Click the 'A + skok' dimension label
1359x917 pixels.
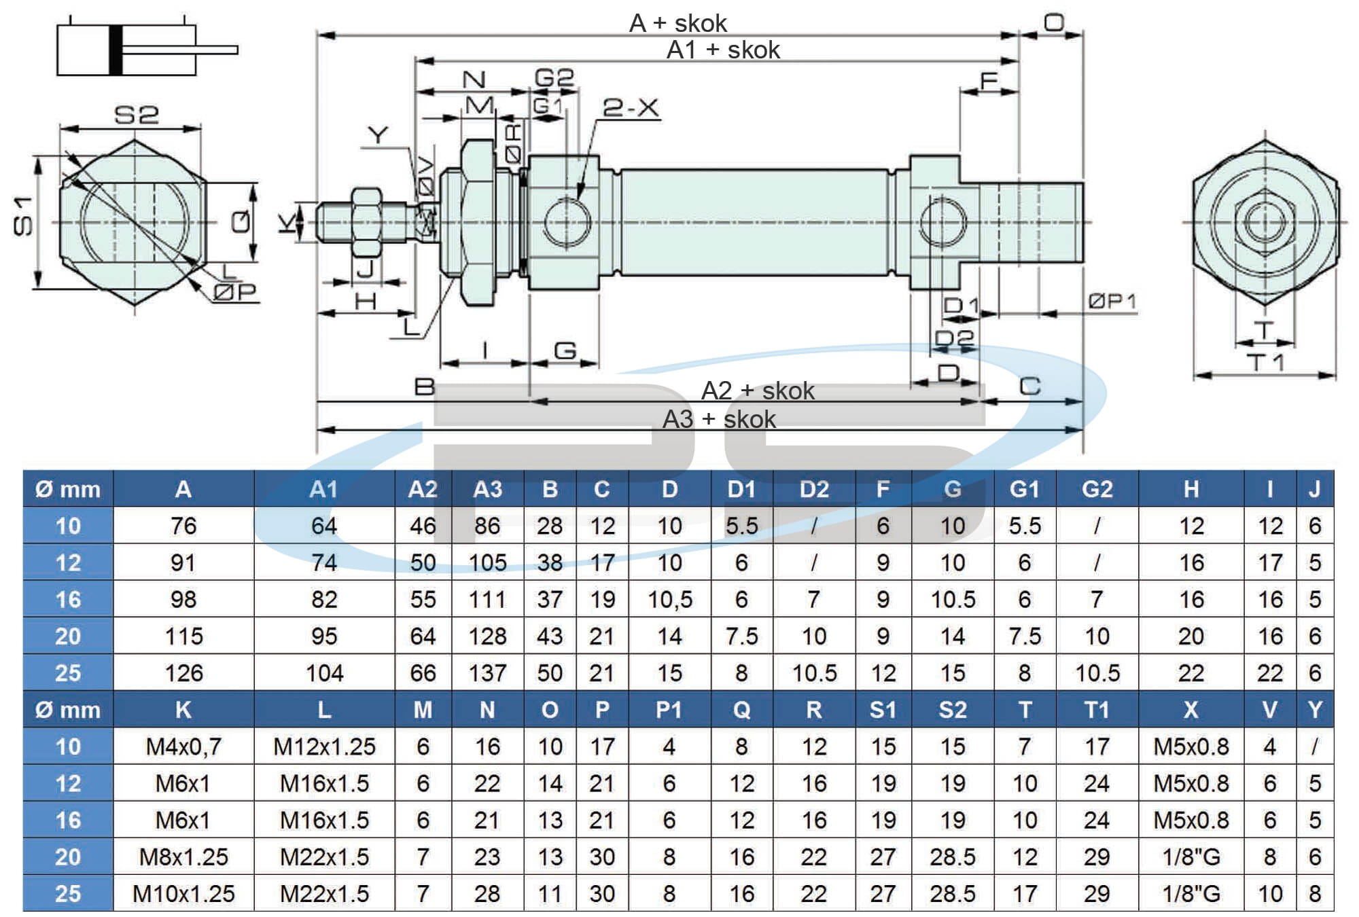point(678,24)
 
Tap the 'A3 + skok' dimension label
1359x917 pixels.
point(719,419)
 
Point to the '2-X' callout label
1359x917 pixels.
point(631,108)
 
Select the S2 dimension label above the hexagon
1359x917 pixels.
point(136,115)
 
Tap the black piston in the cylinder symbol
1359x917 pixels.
point(116,50)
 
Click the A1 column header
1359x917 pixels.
point(324,489)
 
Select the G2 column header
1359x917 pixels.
point(1097,489)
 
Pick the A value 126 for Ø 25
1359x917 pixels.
point(183,673)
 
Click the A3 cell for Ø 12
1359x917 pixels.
point(487,562)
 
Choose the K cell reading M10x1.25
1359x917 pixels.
point(183,893)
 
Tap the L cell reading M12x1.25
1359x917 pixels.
point(324,747)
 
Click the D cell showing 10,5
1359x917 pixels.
point(669,599)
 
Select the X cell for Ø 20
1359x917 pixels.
point(1190,857)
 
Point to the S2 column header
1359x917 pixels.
point(952,710)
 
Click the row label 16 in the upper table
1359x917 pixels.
point(68,599)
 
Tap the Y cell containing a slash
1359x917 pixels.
point(1314,747)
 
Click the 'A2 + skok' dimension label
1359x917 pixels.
point(758,391)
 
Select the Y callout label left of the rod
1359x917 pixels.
point(378,135)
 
